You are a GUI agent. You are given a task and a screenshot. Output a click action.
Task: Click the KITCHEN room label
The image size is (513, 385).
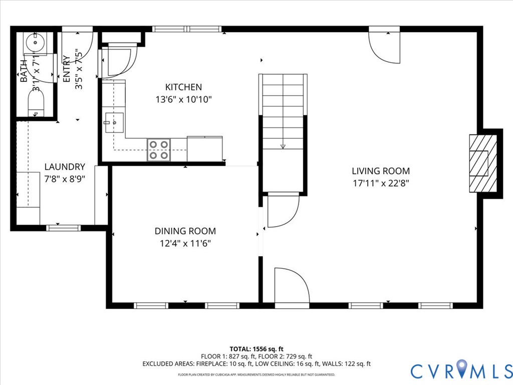pos(183,87)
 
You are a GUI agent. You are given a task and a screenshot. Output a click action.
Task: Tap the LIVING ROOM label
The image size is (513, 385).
pos(381,171)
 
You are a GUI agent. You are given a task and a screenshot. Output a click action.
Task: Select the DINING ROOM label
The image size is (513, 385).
pos(185,231)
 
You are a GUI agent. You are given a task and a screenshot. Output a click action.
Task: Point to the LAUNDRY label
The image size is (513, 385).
pos(65,167)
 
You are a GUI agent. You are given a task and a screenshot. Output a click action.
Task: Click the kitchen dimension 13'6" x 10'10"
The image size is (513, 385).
pos(183,99)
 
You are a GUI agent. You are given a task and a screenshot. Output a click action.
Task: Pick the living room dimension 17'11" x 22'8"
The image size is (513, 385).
pos(381,183)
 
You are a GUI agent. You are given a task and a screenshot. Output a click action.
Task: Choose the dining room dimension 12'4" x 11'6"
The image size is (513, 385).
pos(185,244)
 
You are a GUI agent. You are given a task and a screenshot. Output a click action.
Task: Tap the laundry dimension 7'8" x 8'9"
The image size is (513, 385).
pos(65,178)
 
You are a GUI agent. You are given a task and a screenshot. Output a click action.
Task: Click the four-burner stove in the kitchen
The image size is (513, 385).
pos(159,150)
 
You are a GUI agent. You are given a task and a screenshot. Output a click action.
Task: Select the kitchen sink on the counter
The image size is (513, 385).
pos(114,122)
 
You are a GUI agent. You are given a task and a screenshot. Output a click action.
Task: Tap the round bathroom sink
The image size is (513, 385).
pos(36,44)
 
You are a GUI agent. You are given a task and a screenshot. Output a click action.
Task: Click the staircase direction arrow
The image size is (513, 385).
pos(283,146)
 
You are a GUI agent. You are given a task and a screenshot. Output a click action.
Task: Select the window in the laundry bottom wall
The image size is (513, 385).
pos(63,228)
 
